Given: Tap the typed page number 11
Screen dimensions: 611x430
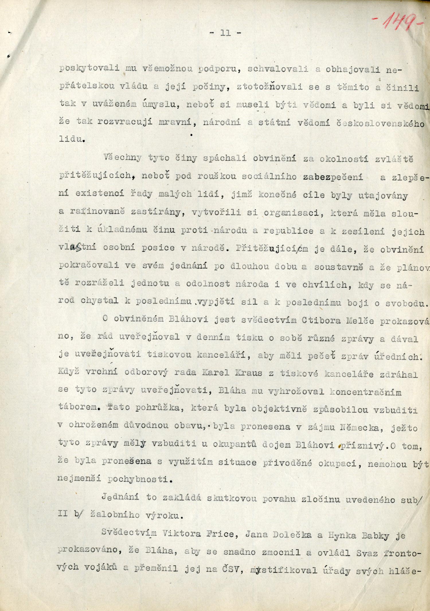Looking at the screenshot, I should point(226,33).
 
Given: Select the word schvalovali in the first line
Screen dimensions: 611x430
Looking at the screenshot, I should point(277,69).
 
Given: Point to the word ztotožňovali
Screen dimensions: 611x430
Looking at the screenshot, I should point(269,87).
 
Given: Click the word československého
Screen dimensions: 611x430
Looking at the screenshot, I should point(380,123).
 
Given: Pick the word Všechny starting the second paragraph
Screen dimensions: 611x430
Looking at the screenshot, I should point(122,157).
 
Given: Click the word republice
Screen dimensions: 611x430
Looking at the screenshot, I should point(288,231).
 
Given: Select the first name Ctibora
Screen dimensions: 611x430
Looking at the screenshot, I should point(321,320).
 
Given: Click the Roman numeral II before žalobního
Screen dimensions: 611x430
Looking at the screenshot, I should point(63,513).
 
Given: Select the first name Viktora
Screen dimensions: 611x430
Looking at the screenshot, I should point(182,534).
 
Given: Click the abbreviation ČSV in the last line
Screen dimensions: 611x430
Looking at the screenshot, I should point(230,569).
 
